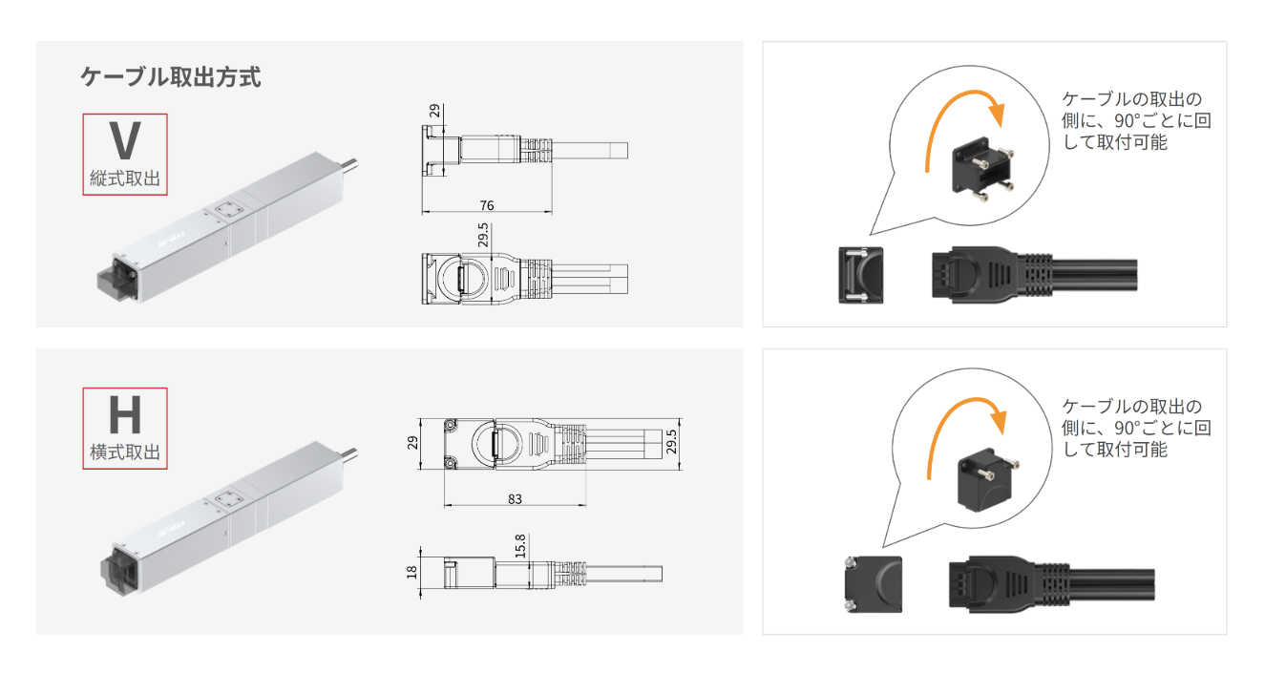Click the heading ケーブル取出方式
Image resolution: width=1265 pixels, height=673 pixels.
click(x=171, y=76)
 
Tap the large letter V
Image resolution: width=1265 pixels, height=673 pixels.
click(x=125, y=141)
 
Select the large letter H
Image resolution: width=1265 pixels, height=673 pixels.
click(x=125, y=414)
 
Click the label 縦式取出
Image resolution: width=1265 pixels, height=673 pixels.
click(x=125, y=179)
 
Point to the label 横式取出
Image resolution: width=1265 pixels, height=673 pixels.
click(x=125, y=452)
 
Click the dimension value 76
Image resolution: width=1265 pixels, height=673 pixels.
click(x=487, y=205)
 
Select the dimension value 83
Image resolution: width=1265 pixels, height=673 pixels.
click(x=515, y=499)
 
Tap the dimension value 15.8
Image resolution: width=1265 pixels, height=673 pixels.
click(x=520, y=546)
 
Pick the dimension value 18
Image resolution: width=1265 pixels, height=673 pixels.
click(x=411, y=573)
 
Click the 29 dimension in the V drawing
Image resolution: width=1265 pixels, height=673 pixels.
click(x=434, y=111)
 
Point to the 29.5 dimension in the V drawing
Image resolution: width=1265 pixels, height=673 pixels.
click(x=483, y=236)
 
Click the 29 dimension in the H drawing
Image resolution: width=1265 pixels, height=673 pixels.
click(x=412, y=443)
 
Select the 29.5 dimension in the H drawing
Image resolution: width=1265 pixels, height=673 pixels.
click(x=671, y=442)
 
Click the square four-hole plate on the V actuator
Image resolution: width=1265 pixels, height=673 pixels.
click(x=229, y=209)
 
